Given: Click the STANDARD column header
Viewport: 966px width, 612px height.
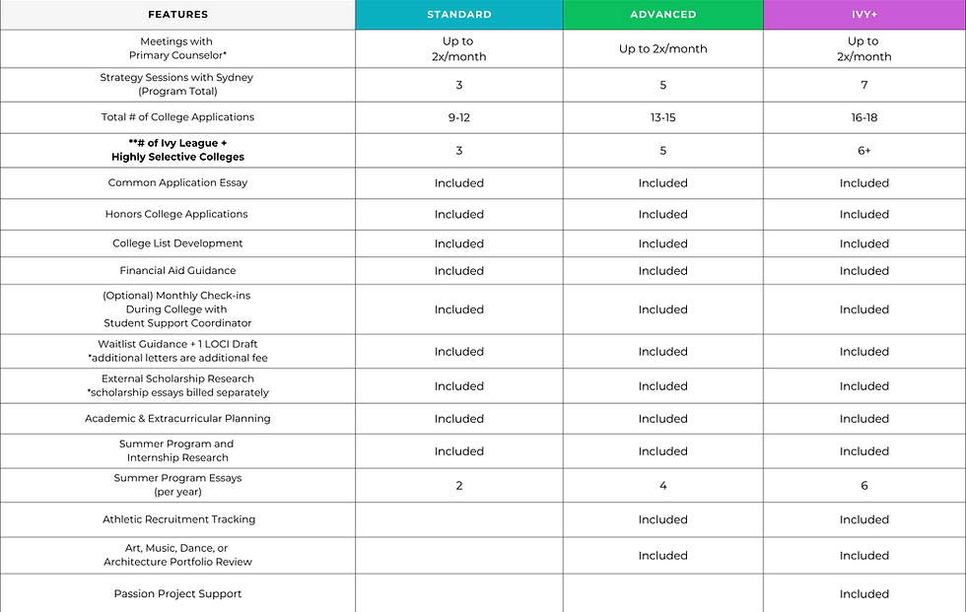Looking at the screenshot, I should click(x=458, y=15).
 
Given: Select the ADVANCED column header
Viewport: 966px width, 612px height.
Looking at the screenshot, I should click(x=662, y=15).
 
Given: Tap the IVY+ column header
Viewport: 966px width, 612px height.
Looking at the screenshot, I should click(x=863, y=15).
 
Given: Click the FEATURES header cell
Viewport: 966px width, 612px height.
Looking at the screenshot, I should click(x=177, y=15).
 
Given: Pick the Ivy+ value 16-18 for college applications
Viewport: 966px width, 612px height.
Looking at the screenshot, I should click(x=863, y=117).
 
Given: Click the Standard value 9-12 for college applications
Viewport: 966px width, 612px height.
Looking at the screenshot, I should click(x=458, y=117).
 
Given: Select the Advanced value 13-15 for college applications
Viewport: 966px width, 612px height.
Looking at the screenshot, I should click(x=662, y=117).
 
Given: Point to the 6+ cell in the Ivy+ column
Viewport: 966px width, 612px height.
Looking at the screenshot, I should click(x=863, y=151).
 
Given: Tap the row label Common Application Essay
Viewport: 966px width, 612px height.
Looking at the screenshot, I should click(x=177, y=183).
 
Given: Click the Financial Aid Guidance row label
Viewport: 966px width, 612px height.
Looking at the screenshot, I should click(x=177, y=271).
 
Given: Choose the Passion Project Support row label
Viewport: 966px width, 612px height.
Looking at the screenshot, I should click(x=177, y=594).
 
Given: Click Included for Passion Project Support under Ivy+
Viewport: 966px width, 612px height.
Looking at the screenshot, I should click(x=863, y=594).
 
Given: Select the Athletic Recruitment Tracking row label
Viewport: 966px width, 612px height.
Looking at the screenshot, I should click(x=178, y=519).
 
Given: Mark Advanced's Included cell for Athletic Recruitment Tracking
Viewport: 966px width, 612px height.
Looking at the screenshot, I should click(x=662, y=519).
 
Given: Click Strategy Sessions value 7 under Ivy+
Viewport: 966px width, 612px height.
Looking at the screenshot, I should click(x=863, y=86).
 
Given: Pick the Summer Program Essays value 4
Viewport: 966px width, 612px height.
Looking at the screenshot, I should click(x=662, y=486).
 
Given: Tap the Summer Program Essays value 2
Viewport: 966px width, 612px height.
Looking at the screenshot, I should click(x=458, y=486).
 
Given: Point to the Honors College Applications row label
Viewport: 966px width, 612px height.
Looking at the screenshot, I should click(x=176, y=214).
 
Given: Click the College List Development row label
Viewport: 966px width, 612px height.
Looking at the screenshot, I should click(x=177, y=243).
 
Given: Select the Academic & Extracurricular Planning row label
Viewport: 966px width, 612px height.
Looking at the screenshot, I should click(x=177, y=419).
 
